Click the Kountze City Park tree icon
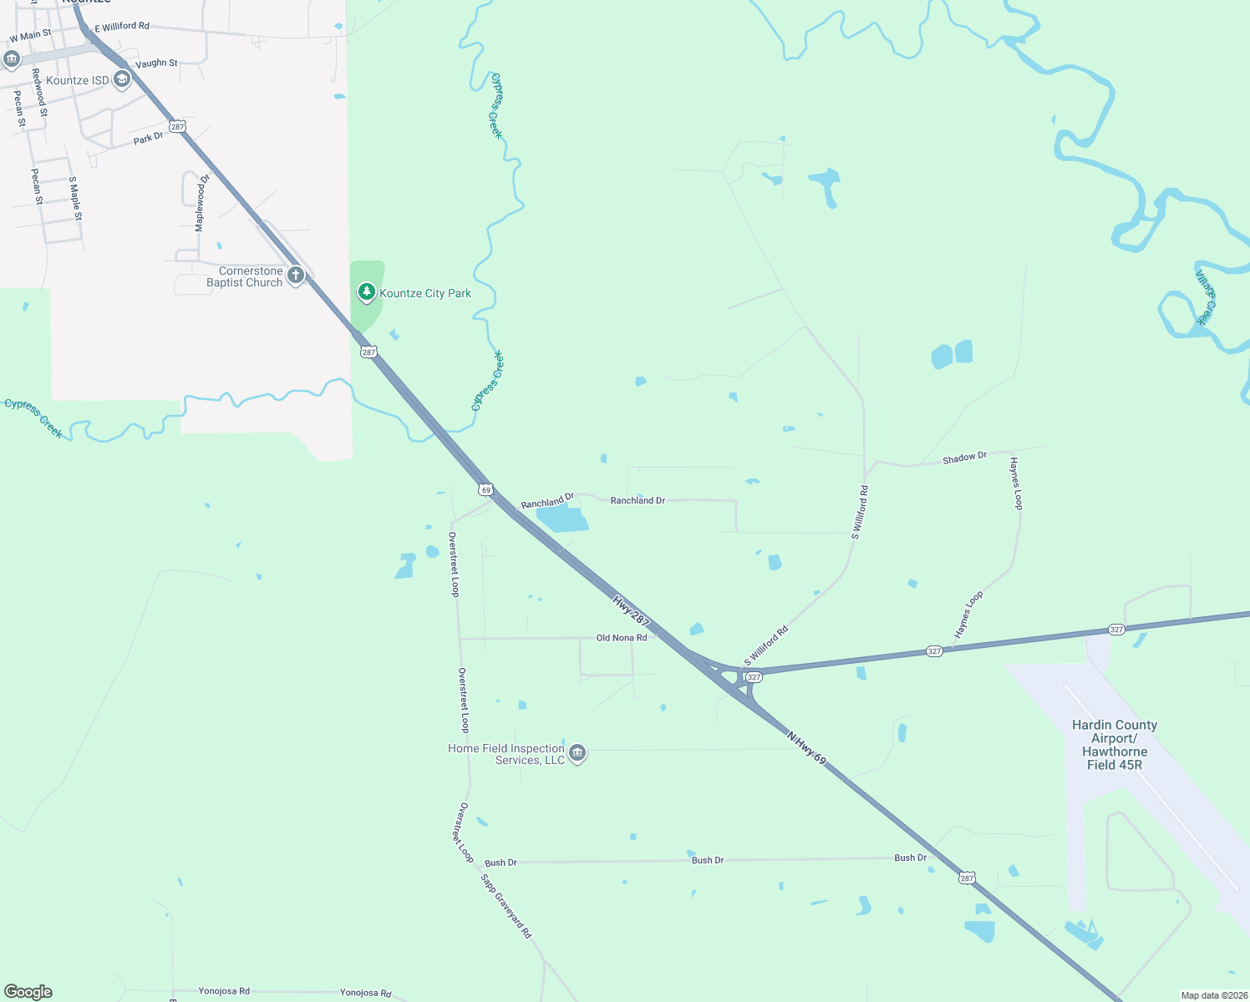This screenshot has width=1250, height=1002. (366, 292)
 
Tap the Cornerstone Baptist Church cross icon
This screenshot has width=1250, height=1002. (295, 275)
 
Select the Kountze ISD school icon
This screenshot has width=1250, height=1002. (122, 79)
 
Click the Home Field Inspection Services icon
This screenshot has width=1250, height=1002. (577, 753)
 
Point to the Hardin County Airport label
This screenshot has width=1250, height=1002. (1115, 745)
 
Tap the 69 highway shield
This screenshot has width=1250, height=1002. (485, 490)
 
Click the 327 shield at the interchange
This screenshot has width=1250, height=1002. (754, 677)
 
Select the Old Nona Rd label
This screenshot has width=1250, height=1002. (621, 638)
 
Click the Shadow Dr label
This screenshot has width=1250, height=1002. (964, 458)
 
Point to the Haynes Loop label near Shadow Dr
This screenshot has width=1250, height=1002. (1015, 483)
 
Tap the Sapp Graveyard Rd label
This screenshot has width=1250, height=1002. (506, 906)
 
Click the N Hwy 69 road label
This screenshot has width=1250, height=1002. (806, 748)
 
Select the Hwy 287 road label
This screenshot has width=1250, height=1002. (631, 611)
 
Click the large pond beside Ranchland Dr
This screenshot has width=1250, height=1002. (562, 519)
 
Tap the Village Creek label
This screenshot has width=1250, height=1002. (1205, 296)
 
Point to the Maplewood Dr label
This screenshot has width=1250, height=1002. (201, 203)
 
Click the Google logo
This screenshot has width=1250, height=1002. (28, 992)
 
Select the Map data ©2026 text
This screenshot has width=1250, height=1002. (1213, 995)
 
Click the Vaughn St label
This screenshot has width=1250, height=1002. (156, 63)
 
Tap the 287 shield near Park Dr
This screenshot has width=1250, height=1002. (177, 126)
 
